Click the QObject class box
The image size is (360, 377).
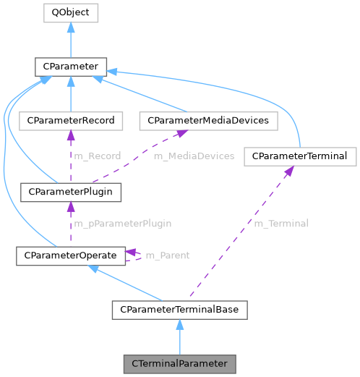coord(70,12)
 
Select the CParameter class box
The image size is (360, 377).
coord(70,67)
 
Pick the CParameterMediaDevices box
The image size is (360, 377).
coord(208,120)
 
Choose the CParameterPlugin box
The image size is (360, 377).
coord(70,192)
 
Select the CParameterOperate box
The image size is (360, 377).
coord(70,255)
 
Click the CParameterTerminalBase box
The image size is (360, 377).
coord(180,310)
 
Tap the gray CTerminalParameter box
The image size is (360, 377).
coord(180,363)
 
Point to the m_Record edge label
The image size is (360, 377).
coord(97,156)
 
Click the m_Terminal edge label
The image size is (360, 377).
coord(280,224)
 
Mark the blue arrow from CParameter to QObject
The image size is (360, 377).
coord(70,40)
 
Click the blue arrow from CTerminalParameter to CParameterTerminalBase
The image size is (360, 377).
coord(180,336)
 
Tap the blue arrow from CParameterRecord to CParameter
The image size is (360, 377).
coord(70,94)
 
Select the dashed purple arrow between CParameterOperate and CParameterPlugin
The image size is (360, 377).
coord(70,224)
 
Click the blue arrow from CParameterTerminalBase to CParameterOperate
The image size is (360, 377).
coord(127,283)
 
